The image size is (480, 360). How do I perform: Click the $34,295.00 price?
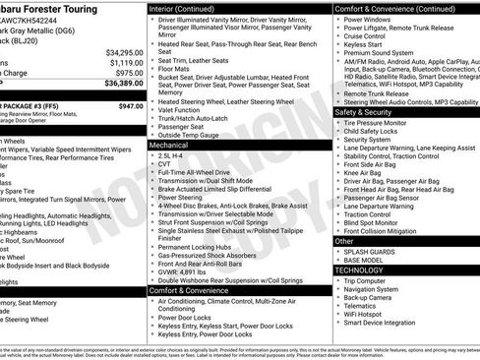125,52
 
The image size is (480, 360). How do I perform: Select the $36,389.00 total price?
125,85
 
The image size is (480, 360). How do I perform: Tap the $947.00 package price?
130,105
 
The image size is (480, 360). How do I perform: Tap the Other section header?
344,241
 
